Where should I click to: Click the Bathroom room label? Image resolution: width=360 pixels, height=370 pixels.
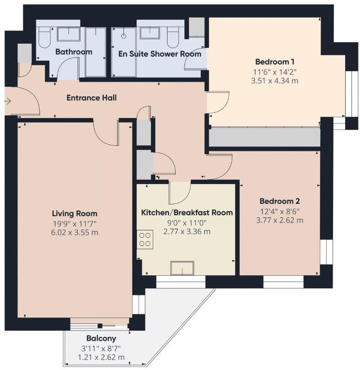click(74, 52)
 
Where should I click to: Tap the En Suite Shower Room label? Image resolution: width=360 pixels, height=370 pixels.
click(159, 54)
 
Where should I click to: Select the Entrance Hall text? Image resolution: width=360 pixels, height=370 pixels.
click(92, 97)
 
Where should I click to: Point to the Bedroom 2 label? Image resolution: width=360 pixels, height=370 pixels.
click(280, 202)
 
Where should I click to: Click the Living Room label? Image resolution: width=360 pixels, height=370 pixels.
click(75, 213)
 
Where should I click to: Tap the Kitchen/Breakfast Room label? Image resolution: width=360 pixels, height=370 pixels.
click(187, 212)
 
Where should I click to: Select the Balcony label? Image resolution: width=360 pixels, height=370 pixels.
click(101, 339)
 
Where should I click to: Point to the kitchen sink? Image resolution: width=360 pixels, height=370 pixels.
click(182, 268)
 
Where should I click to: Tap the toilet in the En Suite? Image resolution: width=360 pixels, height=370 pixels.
click(173, 38)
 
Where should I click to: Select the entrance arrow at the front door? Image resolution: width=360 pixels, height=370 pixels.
click(7, 101)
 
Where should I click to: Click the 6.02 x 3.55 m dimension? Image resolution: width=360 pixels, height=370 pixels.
click(75, 232)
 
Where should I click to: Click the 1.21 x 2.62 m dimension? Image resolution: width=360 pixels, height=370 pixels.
click(101, 357)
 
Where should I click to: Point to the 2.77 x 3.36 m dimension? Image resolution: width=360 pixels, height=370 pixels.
click(187, 232)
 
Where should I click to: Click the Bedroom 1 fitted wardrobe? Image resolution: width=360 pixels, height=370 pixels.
click(264, 137)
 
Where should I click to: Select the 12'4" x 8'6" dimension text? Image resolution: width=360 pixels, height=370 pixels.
click(280, 211)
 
